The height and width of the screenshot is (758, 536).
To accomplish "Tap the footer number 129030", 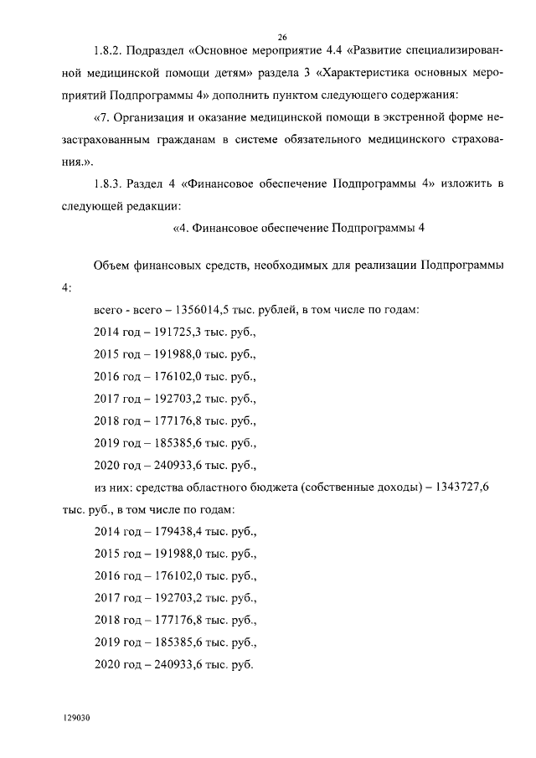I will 76,718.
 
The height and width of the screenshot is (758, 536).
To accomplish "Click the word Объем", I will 110,266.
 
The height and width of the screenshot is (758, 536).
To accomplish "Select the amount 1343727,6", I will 473,487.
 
